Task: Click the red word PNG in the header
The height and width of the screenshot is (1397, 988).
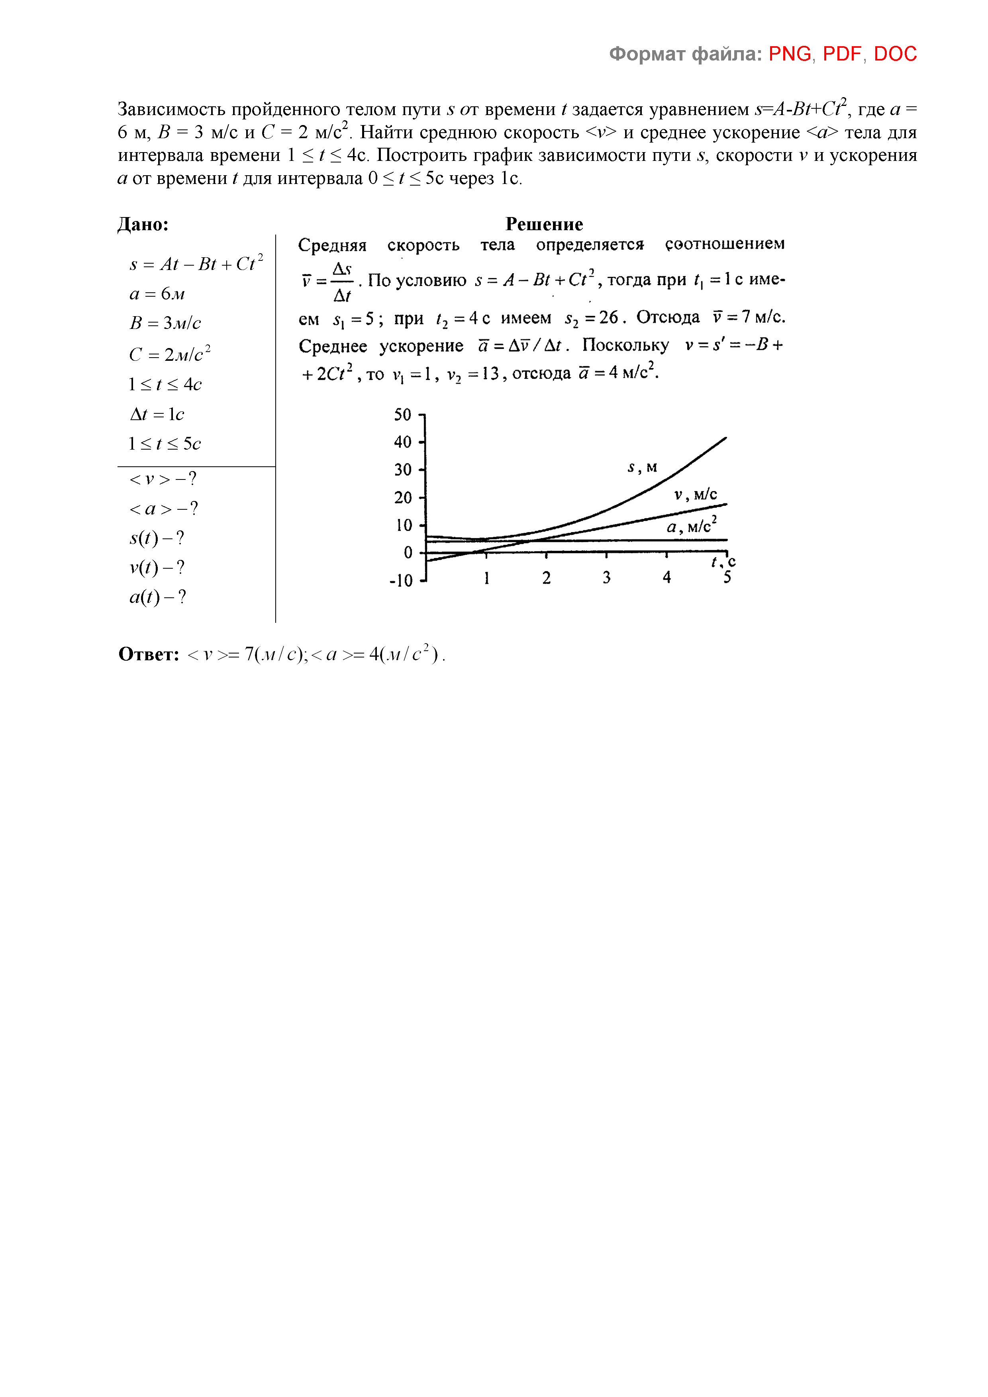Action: pos(790,54)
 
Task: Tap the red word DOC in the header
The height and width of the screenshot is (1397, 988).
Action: pos(895,54)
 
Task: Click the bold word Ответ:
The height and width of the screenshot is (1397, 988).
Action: pos(149,654)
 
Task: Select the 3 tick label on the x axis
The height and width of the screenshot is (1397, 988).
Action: pos(606,577)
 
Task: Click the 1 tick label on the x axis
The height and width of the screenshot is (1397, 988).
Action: pos(486,577)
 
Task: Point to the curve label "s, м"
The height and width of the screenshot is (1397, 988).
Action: pos(642,467)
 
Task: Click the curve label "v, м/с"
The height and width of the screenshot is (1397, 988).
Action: pos(695,495)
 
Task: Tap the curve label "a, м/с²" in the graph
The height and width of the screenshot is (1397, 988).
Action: pos(692,525)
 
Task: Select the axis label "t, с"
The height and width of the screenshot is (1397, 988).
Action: pos(723,562)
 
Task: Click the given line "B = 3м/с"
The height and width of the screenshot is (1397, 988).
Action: pos(165,323)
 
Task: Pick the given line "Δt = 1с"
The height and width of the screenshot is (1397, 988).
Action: pos(157,414)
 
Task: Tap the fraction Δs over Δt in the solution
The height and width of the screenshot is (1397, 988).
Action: pos(342,282)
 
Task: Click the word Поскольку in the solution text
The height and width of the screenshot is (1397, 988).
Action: pos(625,345)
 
